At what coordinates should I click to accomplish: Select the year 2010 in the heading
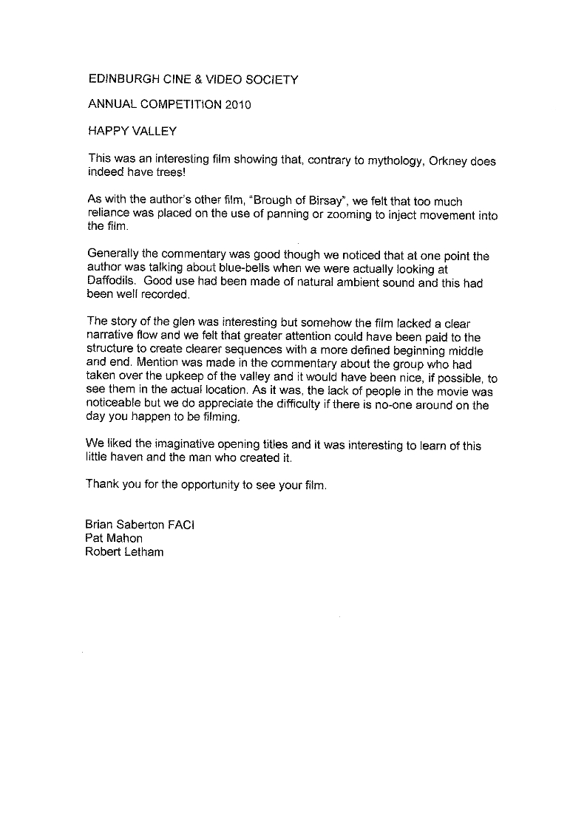pos(238,105)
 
